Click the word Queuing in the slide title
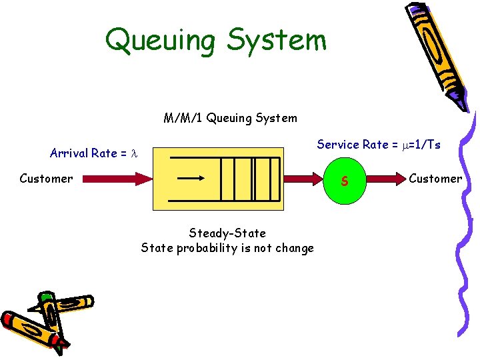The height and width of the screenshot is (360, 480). point(161,40)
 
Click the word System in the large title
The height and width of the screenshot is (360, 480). point(276,40)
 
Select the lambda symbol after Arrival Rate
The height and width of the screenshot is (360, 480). point(133,154)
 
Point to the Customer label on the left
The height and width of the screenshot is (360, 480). point(46,178)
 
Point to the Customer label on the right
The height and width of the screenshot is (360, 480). point(435,178)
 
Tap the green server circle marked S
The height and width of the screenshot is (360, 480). point(345,179)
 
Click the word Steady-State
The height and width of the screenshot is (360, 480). point(227,233)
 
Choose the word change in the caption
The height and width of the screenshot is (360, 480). point(294,249)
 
